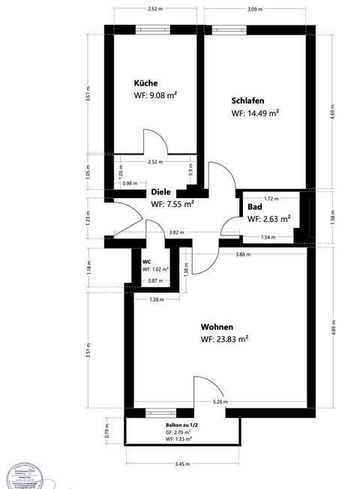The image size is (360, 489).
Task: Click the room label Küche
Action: [145, 82]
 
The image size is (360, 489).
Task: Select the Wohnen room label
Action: [217, 327]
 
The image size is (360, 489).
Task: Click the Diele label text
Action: [161, 192]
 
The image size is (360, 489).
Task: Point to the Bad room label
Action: [254, 207]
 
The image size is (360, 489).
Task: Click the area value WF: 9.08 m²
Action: [156, 95]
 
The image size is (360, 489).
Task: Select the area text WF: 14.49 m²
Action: [255, 113]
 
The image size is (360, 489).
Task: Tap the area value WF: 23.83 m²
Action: [224, 340]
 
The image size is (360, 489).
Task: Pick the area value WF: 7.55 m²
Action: [173, 203]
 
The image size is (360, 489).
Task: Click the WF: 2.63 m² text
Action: [268, 220]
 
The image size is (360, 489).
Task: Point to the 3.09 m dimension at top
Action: [256, 9]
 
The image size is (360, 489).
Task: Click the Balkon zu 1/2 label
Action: [182, 425]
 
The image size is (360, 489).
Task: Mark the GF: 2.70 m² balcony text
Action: [178, 433]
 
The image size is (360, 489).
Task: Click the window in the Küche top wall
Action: [151, 30]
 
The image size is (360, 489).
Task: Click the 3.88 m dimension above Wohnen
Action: [242, 255]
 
